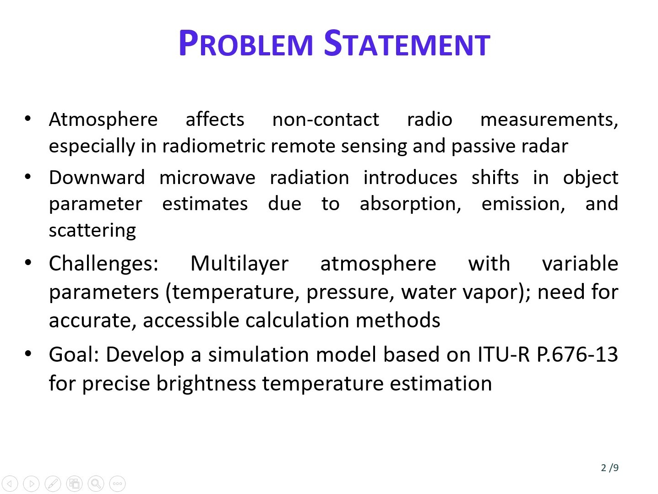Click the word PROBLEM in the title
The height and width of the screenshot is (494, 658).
point(246,43)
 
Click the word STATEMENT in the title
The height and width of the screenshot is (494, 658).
point(407,43)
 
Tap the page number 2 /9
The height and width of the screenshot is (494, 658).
point(610,467)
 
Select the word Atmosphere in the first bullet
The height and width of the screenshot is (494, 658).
point(103,119)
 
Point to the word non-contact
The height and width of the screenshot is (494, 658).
point(326,119)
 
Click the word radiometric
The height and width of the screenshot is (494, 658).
point(214,146)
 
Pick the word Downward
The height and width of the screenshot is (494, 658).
point(97,178)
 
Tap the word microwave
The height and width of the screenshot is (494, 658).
point(207,178)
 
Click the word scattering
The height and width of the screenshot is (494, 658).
point(92,231)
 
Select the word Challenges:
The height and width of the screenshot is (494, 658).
point(103,264)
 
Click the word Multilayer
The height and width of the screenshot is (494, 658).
point(239,264)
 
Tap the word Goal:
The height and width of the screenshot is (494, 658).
point(74,355)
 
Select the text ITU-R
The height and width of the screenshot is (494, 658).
point(504,355)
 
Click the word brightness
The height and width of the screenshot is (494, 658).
point(206,383)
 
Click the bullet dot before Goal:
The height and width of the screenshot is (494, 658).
point(28,354)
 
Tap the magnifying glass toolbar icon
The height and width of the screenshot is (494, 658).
point(96,483)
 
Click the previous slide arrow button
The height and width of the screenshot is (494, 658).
point(10,483)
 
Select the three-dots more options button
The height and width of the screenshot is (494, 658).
point(118,483)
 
